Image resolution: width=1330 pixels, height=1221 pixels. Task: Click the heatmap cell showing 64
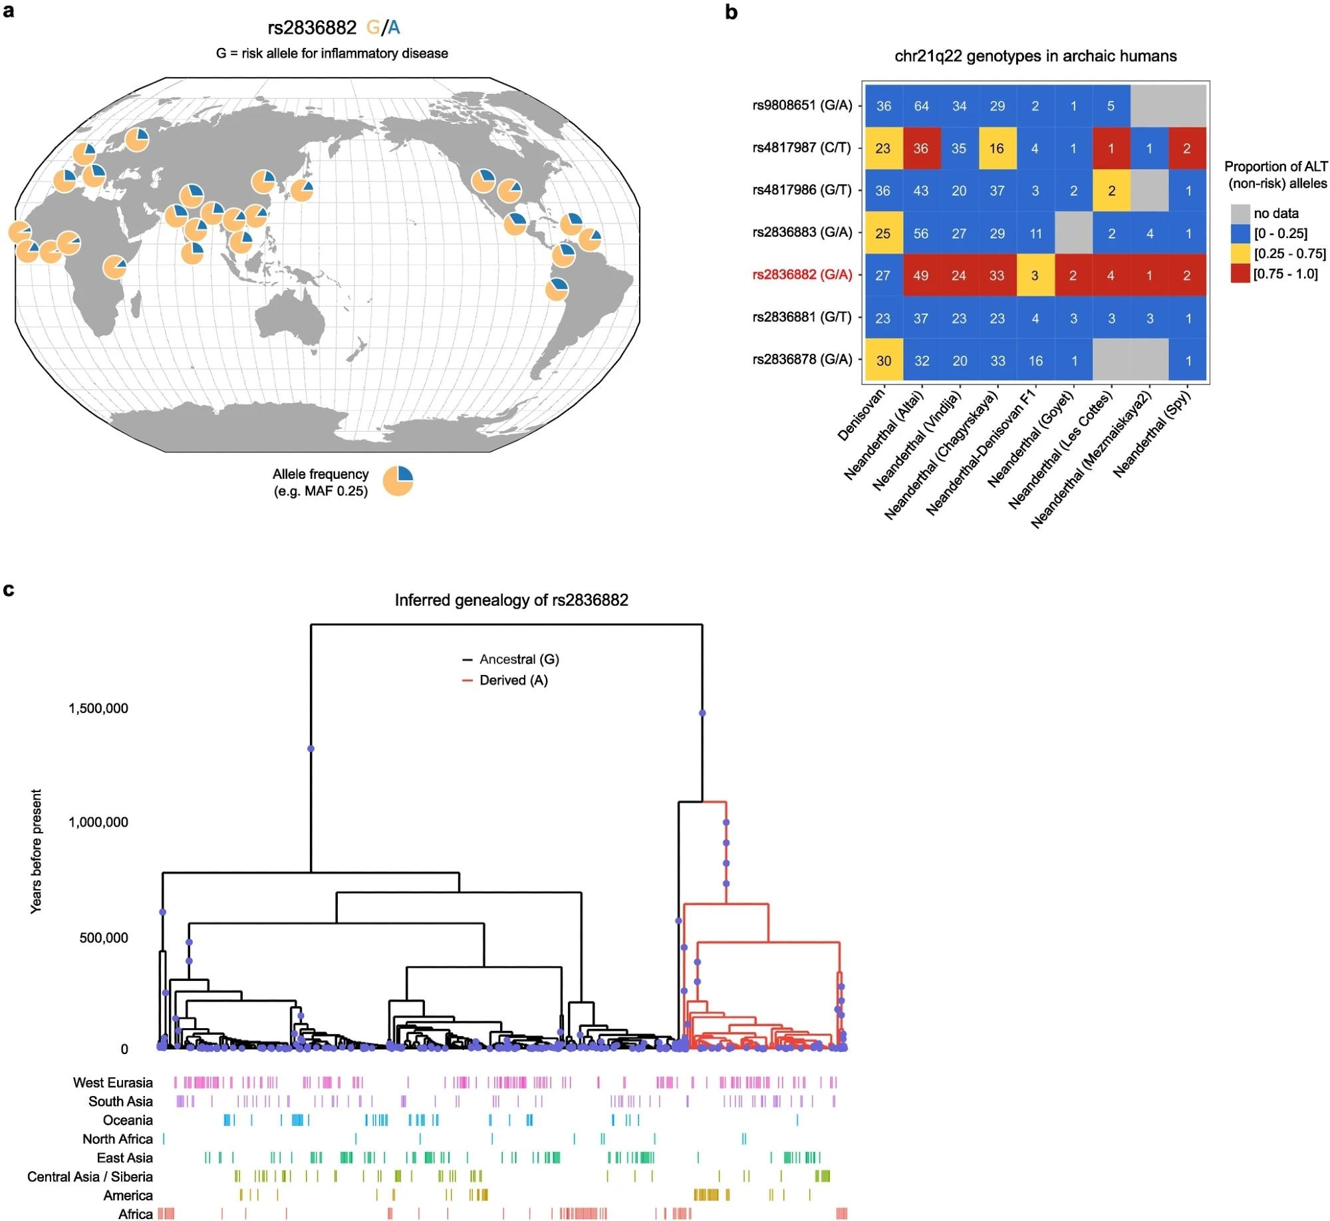(x=921, y=106)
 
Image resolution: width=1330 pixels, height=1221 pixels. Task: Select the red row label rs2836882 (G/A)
(x=802, y=275)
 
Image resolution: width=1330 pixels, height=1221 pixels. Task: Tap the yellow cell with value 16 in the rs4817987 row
(x=996, y=148)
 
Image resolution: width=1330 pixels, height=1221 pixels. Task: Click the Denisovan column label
(x=861, y=415)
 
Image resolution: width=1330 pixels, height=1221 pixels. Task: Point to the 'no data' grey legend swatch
(x=1240, y=213)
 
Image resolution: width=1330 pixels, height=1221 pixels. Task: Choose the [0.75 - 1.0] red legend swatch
(x=1240, y=274)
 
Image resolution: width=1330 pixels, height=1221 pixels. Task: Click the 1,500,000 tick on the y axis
(x=98, y=708)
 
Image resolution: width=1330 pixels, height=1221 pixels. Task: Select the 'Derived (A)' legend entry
(x=513, y=680)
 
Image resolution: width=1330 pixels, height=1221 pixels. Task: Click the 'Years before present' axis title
(x=36, y=851)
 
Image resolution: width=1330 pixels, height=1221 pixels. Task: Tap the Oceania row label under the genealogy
(x=127, y=1120)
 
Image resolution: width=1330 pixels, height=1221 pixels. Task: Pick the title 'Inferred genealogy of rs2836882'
(x=511, y=600)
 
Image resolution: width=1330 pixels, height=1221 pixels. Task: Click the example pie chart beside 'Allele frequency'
(x=398, y=481)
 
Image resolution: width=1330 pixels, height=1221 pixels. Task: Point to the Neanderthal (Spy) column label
(x=1151, y=434)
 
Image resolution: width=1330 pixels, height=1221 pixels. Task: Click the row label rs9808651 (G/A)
(x=802, y=105)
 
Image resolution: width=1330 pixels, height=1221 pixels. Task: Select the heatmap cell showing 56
(x=921, y=233)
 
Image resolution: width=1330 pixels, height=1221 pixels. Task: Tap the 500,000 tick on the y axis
(x=104, y=938)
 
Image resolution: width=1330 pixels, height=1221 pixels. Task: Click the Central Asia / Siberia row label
(x=90, y=1176)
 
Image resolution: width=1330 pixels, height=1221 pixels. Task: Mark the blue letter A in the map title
(x=394, y=27)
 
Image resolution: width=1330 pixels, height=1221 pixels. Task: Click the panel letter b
(x=731, y=12)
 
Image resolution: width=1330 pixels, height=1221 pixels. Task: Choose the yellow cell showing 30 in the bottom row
(x=883, y=360)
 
